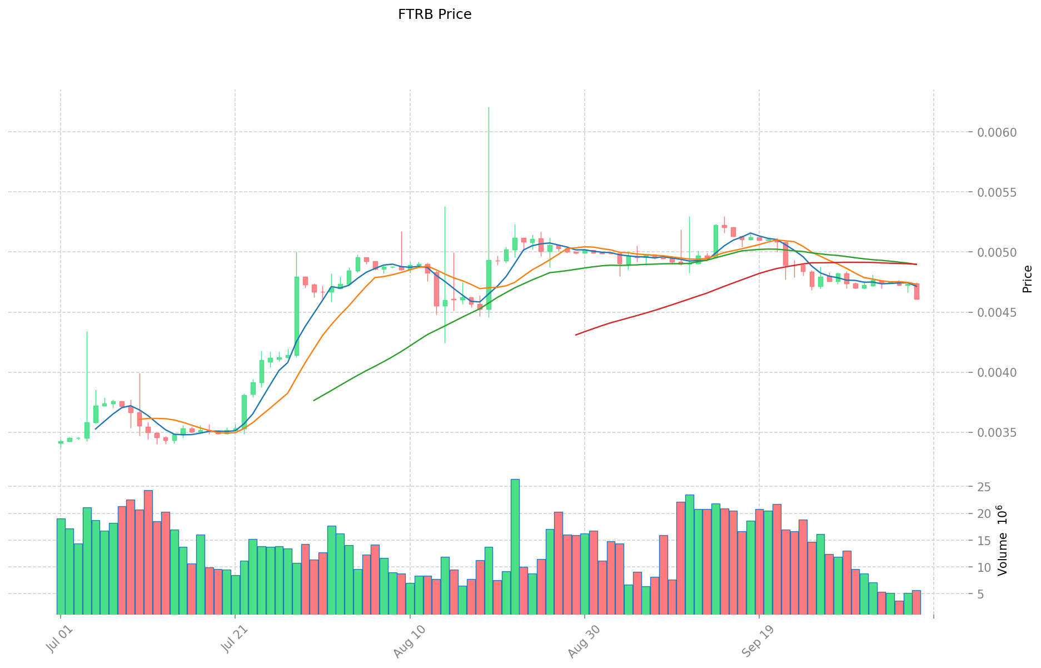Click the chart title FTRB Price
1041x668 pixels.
pyautogui.click(x=435, y=14)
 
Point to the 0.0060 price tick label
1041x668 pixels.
pyautogui.click(x=997, y=132)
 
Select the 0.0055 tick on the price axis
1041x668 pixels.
pyautogui.click(x=997, y=192)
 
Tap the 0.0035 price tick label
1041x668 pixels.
pyautogui.click(x=997, y=433)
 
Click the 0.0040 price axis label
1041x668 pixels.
pyautogui.click(x=997, y=373)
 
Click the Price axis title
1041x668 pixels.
pyautogui.click(x=1027, y=279)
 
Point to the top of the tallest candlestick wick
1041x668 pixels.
pyautogui.click(x=489, y=107)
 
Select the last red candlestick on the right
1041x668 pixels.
pyautogui.click(x=917, y=291)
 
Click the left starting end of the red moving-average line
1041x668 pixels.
pyautogui.click(x=576, y=335)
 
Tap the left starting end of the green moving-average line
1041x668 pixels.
pyautogui.click(x=314, y=400)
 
